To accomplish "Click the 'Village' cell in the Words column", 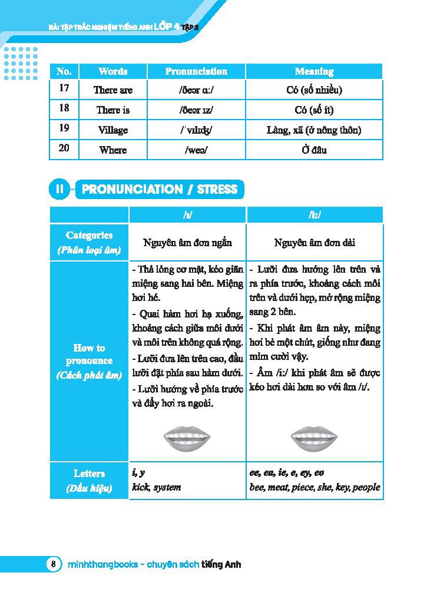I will pyautogui.click(x=113, y=130).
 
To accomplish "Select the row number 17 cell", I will pyautogui.click(x=64, y=89).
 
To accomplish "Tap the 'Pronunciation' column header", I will pyautogui.click(x=196, y=71).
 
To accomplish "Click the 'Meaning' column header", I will pyautogui.click(x=315, y=71).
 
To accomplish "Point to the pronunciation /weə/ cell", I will pyautogui.click(x=196, y=150).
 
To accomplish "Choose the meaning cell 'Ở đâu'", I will pyautogui.click(x=315, y=150).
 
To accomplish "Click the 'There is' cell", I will pyautogui.click(x=113, y=110).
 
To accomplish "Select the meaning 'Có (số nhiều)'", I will pyautogui.click(x=315, y=90).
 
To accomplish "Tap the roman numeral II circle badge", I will pyautogui.click(x=59, y=190).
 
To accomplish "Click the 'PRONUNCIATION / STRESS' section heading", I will pyautogui.click(x=160, y=190).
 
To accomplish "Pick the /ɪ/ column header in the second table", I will pyautogui.click(x=187, y=215).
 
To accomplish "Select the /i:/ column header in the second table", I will pyautogui.click(x=315, y=215).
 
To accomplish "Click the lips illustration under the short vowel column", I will pyautogui.click(x=187, y=437).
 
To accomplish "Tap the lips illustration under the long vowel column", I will pyautogui.click(x=314, y=437).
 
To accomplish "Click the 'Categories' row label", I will pyautogui.click(x=89, y=242).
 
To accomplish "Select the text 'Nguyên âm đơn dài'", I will pyautogui.click(x=315, y=243).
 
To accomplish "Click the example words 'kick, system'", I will pyautogui.click(x=157, y=488).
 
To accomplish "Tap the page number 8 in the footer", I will pyautogui.click(x=53, y=564).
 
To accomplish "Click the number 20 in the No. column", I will pyautogui.click(x=64, y=148).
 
